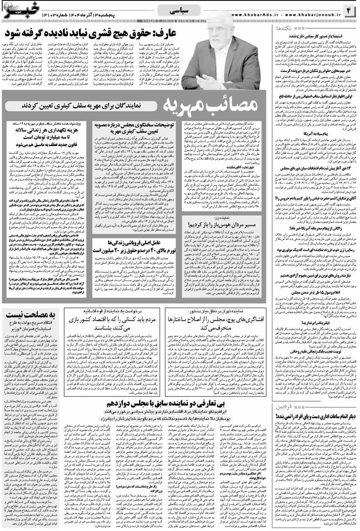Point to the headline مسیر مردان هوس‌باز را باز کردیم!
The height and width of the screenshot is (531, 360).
223,225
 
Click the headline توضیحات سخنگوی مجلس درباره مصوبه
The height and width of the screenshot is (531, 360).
134,128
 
